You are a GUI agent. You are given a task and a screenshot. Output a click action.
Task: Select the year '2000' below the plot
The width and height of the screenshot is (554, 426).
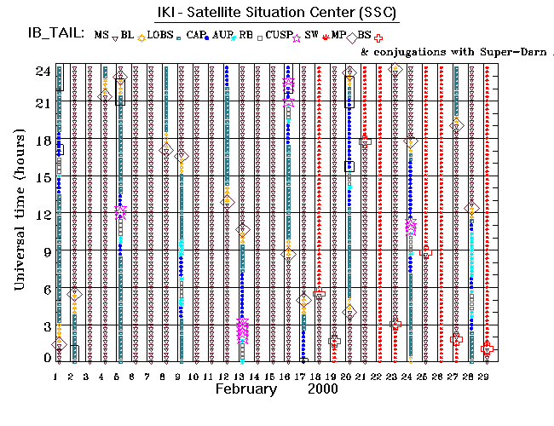(321, 389)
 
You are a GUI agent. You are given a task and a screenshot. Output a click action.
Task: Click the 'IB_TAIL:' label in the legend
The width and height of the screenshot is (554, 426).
(53, 35)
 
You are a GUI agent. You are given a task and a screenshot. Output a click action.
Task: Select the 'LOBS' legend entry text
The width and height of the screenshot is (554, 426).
(160, 35)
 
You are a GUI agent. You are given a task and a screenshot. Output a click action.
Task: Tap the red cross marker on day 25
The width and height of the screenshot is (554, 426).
(426, 251)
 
